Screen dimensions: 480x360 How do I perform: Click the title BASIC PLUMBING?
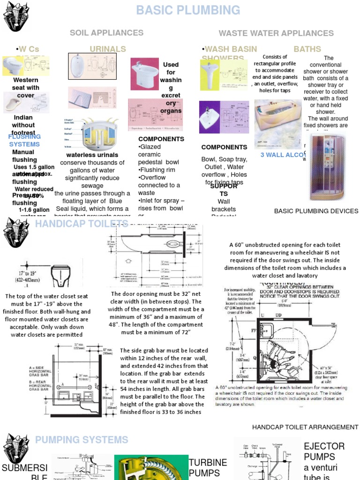point(188,10)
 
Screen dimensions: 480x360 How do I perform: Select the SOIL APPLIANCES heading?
point(106,33)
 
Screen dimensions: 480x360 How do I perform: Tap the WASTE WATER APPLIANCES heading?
point(276,33)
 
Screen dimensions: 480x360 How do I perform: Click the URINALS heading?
point(108,49)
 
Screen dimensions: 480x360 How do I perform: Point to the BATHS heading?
point(307,49)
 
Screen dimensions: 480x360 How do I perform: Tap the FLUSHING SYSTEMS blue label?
point(24,140)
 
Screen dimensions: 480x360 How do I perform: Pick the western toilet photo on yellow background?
point(12,66)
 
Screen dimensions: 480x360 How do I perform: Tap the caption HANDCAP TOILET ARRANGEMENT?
point(305,427)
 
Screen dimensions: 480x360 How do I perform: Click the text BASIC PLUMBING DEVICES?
point(316,211)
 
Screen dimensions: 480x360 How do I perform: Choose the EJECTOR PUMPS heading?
point(324,451)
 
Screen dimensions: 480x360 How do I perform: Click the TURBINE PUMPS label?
point(208,467)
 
